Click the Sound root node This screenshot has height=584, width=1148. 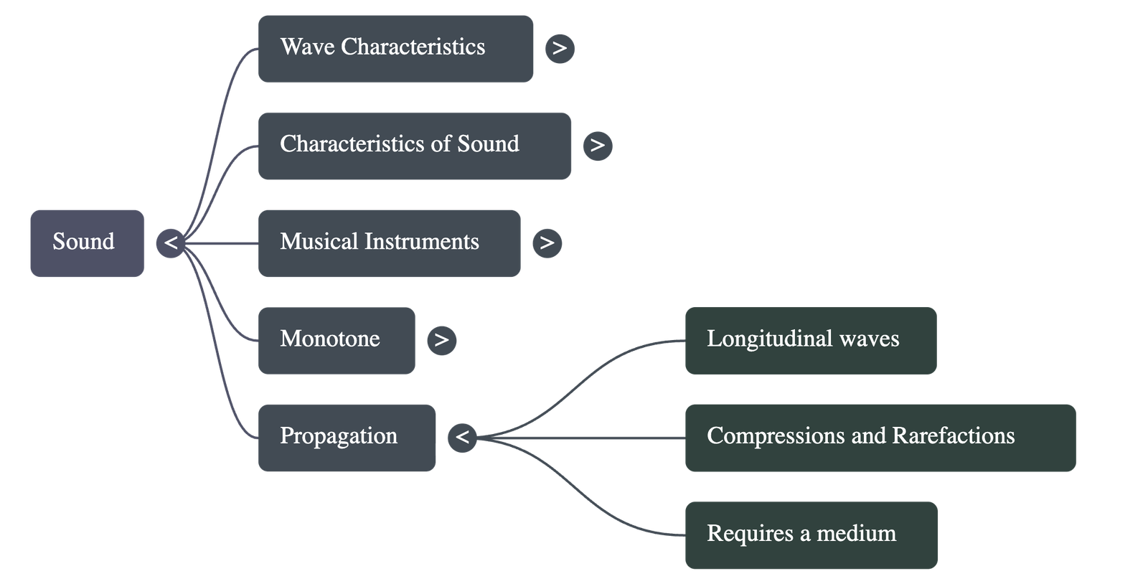tap(87, 242)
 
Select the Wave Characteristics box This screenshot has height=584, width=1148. tap(395, 48)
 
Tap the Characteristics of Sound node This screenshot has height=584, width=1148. tap(414, 145)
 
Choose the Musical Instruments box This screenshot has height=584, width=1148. tap(389, 242)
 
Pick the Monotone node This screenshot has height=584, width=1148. tap(336, 340)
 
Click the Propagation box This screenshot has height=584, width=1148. tap(347, 437)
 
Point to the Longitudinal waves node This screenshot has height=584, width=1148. tap(810, 340)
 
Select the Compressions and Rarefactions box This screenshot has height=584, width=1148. tap(880, 437)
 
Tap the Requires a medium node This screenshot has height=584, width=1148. tap(811, 534)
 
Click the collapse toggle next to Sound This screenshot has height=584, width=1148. tap(170, 242)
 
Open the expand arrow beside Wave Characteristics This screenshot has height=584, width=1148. tap(560, 49)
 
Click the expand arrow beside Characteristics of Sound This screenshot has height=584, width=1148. tap(598, 146)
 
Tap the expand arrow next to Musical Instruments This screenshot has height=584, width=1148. tap(547, 242)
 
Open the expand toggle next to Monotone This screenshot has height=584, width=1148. tap(441, 340)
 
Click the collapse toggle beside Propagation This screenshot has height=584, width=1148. tap(462, 437)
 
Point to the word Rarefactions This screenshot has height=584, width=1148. tap(954, 436)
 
